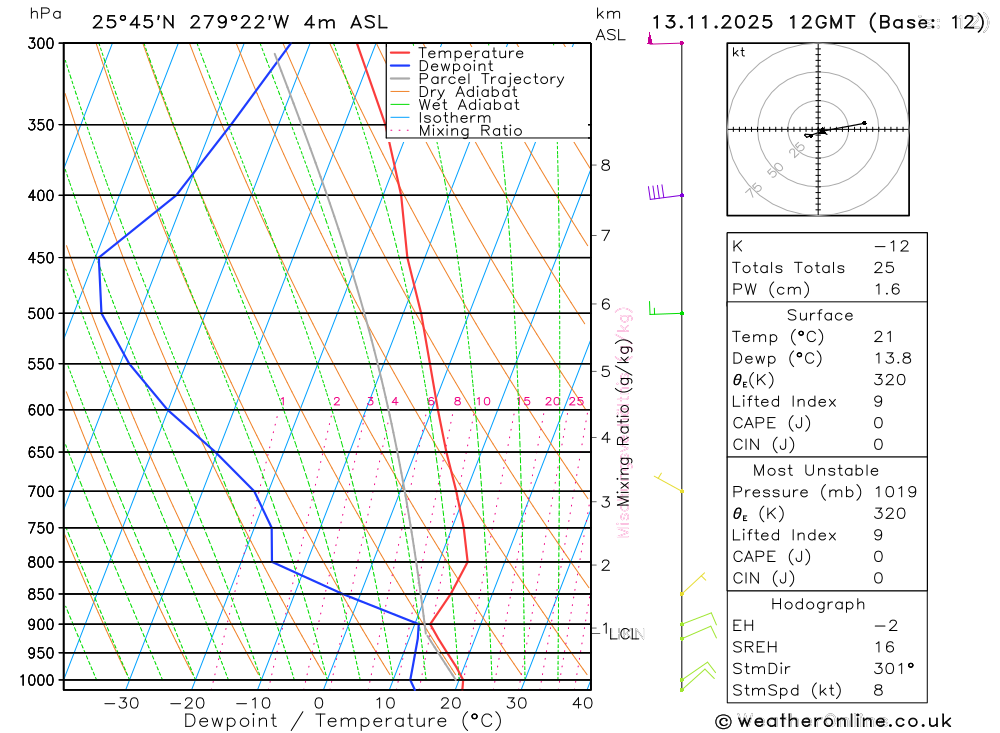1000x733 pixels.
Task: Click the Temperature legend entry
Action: pos(470,53)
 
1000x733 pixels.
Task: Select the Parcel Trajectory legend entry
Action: pos(491,79)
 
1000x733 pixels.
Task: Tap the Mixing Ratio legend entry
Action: pos(470,131)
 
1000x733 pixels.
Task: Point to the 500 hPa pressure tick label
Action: pos(40,313)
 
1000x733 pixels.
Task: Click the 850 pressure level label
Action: pos(40,594)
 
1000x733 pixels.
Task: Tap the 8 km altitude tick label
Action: pos(605,165)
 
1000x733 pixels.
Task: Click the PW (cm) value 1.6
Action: pos(886,290)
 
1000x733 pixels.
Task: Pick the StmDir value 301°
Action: pos(890,669)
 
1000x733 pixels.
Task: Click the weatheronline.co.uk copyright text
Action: pos(833,721)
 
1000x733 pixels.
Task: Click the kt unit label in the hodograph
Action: pos(738,52)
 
